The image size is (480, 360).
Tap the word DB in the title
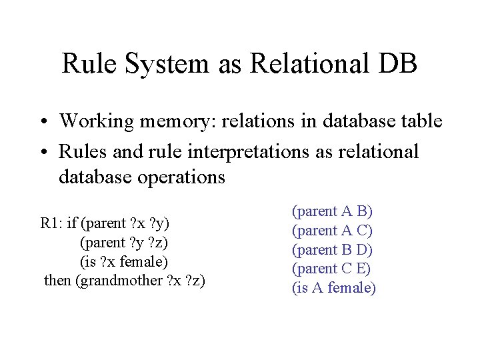tap(398, 64)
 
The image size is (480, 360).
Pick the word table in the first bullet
tap(419, 121)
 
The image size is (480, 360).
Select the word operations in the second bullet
tap(180, 178)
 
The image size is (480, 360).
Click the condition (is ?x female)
tap(124, 261)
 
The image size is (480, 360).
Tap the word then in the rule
tap(59, 281)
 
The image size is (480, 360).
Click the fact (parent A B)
tap(333, 211)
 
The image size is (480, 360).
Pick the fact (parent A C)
tap(333, 231)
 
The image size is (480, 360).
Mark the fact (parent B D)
tap(333, 250)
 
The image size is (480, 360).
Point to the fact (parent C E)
tap(332, 269)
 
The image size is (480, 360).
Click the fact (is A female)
tap(334, 289)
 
